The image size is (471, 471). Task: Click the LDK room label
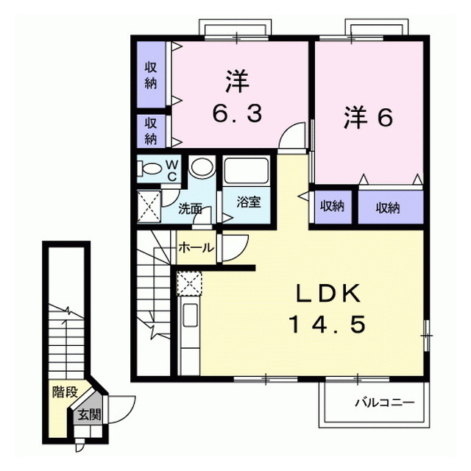click(329, 294)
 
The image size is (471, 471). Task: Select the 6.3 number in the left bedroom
click(237, 113)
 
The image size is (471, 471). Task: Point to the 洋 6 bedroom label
click(368, 118)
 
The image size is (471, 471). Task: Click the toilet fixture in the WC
click(151, 169)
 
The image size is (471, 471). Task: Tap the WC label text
click(172, 171)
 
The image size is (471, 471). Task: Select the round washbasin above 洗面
click(202, 166)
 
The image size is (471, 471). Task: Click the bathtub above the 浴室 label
click(246, 170)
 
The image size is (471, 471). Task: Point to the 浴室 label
click(249, 202)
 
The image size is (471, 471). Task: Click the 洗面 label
click(190, 209)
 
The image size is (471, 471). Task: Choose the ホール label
click(196, 248)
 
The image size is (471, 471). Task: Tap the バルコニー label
click(385, 403)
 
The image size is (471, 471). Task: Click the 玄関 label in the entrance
click(89, 415)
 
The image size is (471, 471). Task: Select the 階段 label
click(65, 392)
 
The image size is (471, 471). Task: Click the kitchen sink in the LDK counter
click(190, 315)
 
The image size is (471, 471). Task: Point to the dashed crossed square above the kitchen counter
click(189, 283)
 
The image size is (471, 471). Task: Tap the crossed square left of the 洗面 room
click(149, 206)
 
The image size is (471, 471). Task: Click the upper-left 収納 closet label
click(151, 75)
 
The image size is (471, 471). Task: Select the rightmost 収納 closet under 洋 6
click(388, 208)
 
